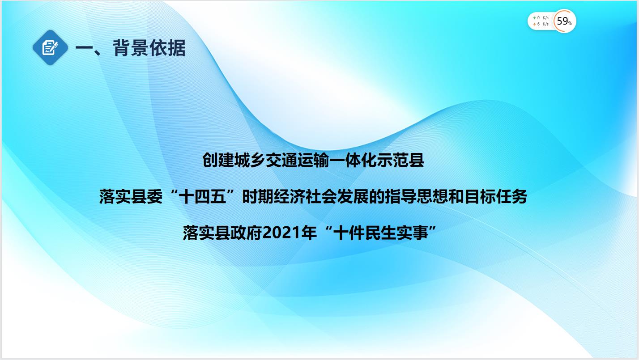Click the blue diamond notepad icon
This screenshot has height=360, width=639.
coord(50,47)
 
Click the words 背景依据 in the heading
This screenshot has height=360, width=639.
coord(149,47)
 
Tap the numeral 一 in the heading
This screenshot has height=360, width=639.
coord(85,48)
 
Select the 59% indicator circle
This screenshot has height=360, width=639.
coord(564,21)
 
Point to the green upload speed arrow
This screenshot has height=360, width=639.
coord(534,18)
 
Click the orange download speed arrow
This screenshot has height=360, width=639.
coord(534,24)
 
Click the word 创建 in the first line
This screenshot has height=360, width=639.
coord(218,160)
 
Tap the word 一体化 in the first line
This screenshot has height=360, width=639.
coord(353,160)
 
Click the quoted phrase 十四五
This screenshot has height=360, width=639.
coord(202,197)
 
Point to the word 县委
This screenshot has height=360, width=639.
coord(147,197)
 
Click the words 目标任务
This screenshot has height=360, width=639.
coord(495,197)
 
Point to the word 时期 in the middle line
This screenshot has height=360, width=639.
coord(258,197)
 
